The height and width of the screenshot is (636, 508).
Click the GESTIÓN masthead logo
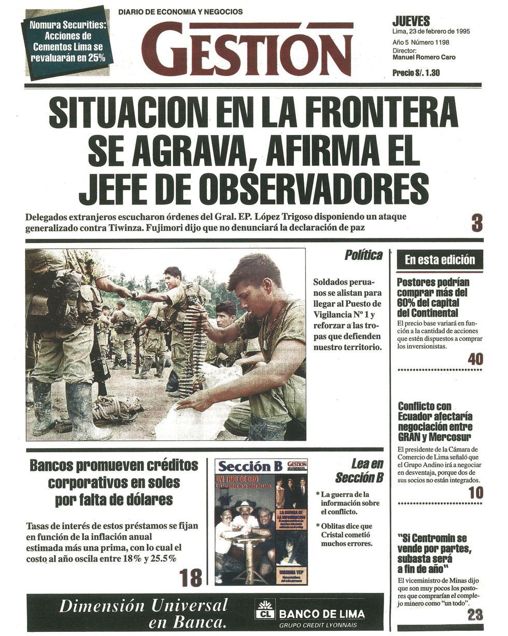click(x=247, y=49)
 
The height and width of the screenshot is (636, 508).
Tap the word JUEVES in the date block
click(x=411, y=21)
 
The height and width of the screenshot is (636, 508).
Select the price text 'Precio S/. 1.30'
click(x=416, y=73)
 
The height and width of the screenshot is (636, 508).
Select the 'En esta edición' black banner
click(x=440, y=260)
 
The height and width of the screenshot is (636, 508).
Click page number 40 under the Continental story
click(x=474, y=359)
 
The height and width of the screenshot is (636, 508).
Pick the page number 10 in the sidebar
click(x=475, y=492)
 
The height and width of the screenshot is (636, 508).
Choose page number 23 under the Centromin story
click(x=475, y=615)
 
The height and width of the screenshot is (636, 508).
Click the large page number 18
click(x=190, y=577)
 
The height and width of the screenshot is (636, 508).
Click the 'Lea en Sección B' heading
click(x=359, y=470)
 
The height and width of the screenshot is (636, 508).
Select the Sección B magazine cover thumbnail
click(x=261, y=521)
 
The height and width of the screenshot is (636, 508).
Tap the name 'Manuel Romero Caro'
click(x=424, y=58)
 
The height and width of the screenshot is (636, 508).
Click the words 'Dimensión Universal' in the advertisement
click(x=144, y=605)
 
